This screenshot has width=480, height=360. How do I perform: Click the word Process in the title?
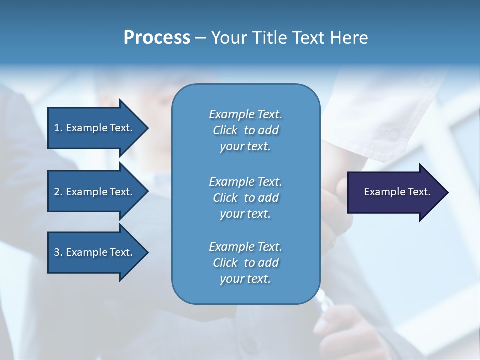157,37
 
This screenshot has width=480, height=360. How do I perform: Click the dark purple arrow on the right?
395,192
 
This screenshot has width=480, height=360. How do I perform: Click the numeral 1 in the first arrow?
56,128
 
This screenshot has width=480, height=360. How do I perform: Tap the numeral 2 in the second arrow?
56,192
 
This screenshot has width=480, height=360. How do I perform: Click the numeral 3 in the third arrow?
56,252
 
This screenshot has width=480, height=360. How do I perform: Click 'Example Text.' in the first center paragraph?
245,114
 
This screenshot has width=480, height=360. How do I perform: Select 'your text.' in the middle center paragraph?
245,214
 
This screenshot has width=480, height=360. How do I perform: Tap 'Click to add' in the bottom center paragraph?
245,263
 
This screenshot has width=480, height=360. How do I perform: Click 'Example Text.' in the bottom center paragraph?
245,247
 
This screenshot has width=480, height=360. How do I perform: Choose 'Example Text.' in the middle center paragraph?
245,181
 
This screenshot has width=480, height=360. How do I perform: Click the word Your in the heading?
229,37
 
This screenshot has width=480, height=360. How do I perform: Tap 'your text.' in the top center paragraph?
245,147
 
